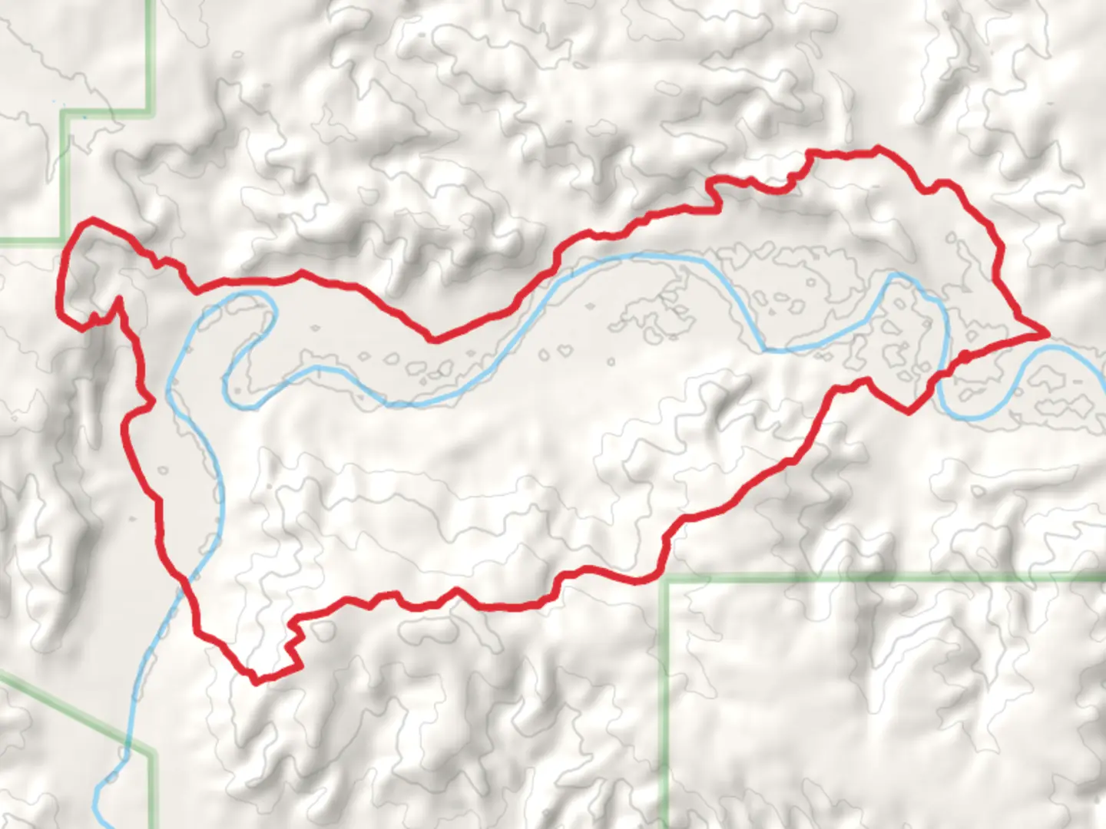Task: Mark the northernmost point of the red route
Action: click(x=878, y=147)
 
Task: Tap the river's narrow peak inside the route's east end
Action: click(x=896, y=275)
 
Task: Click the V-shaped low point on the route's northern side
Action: click(x=433, y=339)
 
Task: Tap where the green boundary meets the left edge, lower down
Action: click(x=2, y=674)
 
